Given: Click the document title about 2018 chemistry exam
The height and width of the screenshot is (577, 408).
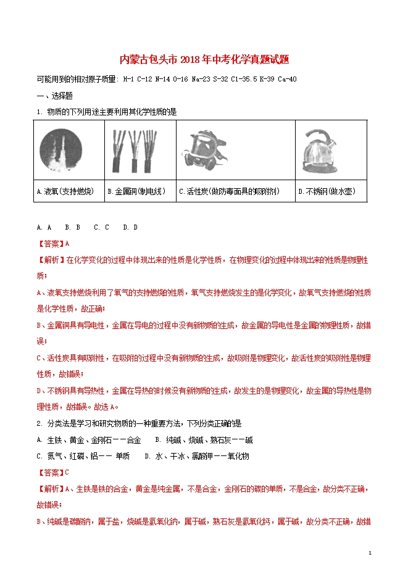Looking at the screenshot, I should click(x=204, y=60).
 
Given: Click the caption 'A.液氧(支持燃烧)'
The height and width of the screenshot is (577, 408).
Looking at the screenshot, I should click(x=65, y=192).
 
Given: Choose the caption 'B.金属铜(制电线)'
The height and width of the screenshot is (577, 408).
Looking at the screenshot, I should click(x=136, y=192).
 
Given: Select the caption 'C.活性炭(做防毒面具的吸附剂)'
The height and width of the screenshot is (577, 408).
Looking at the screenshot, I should click(x=228, y=192).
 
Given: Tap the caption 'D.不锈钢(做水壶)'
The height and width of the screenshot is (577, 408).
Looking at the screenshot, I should click(x=327, y=192).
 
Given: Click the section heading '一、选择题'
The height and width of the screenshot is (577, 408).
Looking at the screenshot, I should click(x=55, y=96).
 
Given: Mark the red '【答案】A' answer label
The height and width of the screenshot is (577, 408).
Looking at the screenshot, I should click(x=53, y=243).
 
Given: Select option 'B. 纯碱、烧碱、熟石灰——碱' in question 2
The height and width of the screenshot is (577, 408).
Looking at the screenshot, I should click(x=204, y=440).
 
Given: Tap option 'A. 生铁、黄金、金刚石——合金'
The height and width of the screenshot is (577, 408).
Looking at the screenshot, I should click(x=89, y=440).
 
